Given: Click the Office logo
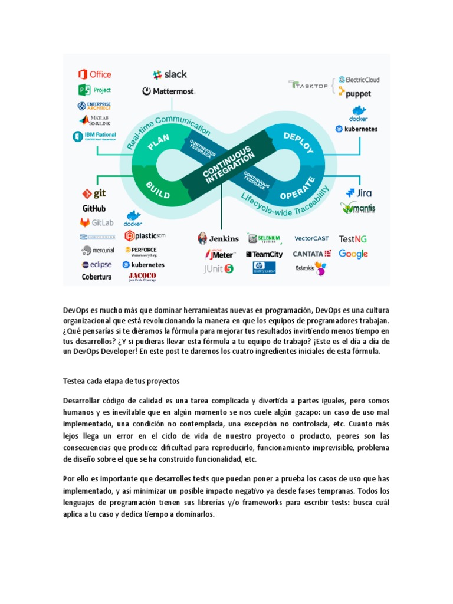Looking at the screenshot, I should coord(94,74).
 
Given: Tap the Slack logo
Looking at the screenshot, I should coord(170,74).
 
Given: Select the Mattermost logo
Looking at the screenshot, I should coord(169,91).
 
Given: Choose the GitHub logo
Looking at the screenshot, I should coord(94,208).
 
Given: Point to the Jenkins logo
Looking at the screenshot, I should coord(218,238).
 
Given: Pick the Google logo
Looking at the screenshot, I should coord(353,254).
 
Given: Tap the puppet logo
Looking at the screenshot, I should coord(358,93).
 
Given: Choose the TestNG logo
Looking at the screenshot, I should coord(353,238).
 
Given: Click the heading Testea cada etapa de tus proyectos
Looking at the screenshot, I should coord(121,380).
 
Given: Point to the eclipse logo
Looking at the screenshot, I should coord(96,265).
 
